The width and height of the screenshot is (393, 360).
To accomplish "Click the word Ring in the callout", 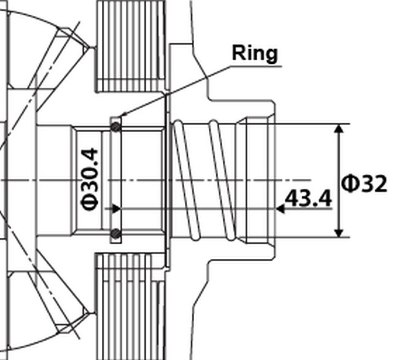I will [x=254, y=53].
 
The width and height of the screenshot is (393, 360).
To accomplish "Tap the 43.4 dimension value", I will [x=308, y=199].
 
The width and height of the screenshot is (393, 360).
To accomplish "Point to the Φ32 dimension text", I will [x=364, y=183].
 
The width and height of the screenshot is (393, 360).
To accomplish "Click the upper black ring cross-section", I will [x=115, y=126].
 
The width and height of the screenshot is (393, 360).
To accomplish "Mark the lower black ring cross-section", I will [x=115, y=233].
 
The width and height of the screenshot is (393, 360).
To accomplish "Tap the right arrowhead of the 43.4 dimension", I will [x=280, y=209].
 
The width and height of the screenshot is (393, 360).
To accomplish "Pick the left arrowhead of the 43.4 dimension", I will [x=117, y=209].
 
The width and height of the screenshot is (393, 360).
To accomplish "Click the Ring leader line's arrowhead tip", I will [x=120, y=115].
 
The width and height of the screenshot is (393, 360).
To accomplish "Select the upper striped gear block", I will [x=131, y=46].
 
